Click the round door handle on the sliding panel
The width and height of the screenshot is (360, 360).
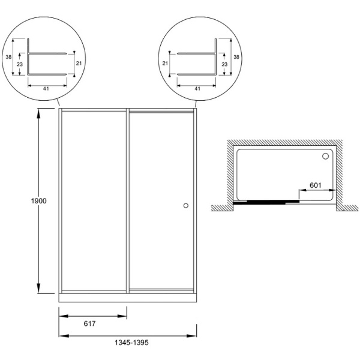point(185,205)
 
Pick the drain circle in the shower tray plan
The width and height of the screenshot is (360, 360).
point(326,157)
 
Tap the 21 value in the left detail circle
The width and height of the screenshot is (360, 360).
point(79,63)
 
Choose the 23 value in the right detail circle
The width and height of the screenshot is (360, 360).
point(226,64)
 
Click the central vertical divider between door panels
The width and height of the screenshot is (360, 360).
point(128,201)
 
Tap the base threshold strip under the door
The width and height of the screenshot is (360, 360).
point(128,298)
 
